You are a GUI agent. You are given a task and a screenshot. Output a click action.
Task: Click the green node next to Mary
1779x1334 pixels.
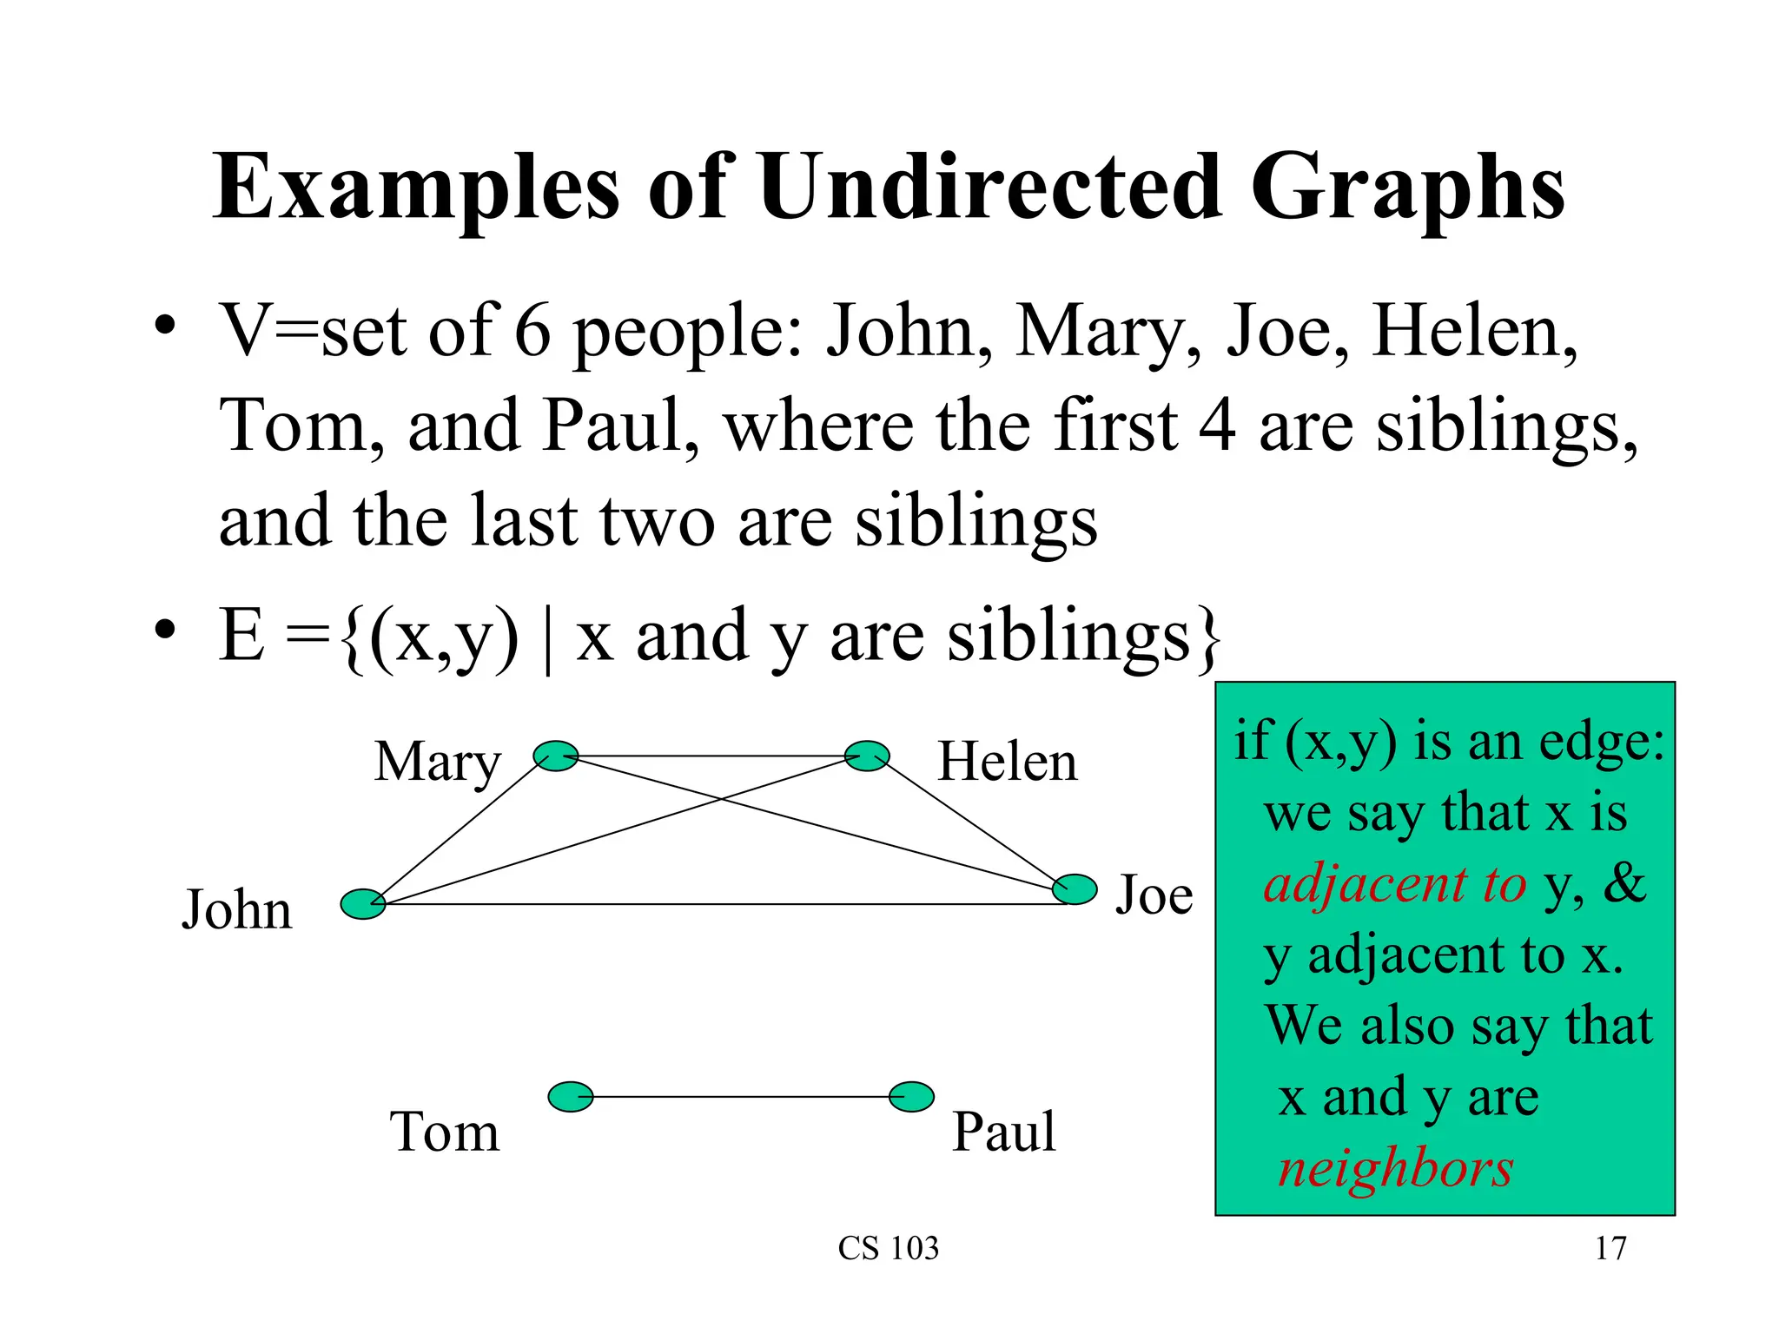[555, 756]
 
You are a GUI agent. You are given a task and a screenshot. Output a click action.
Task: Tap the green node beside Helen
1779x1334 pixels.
[867, 756]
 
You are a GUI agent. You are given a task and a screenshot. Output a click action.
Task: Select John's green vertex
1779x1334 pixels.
[362, 904]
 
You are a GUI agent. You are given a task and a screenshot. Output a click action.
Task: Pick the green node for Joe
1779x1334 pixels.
[1075, 889]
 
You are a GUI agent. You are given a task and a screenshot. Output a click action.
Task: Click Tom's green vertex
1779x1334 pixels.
[571, 1097]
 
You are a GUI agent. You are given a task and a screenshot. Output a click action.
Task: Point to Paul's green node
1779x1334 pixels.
[911, 1097]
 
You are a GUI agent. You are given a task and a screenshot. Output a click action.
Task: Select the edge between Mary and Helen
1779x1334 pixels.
[711, 756]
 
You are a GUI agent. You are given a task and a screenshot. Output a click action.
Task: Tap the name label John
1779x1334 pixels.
[236, 910]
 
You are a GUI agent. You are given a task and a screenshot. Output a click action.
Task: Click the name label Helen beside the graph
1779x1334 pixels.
[1008, 762]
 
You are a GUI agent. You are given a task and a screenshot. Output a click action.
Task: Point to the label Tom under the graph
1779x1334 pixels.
[445, 1132]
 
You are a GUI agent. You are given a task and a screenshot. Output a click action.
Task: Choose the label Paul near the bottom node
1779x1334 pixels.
[1004, 1132]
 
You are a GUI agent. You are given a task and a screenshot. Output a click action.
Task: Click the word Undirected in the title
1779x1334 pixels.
[989, 187]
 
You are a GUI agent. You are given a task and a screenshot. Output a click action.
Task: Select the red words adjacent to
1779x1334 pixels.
[1395, 884]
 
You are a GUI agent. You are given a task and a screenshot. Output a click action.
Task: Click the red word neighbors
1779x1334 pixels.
[1395, 1168]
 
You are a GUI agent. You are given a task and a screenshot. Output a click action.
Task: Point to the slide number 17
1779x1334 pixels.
[1610, 1248]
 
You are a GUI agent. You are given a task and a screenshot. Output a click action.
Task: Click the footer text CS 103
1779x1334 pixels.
[889, 1248]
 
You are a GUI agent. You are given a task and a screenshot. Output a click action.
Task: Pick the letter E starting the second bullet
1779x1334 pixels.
[241, 635]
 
